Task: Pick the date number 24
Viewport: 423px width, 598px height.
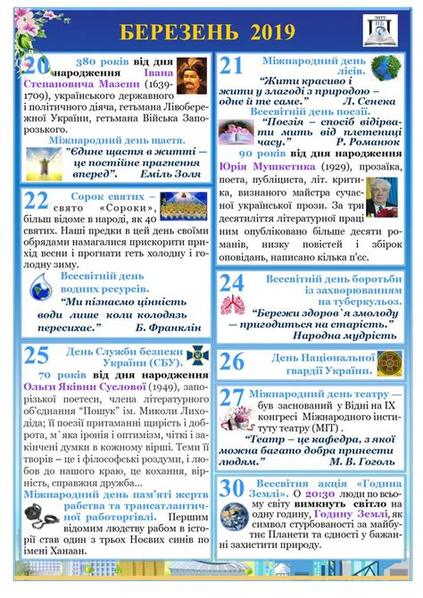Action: (232, 284)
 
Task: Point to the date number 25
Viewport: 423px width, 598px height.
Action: (37, 356)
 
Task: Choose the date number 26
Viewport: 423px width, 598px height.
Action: (232, 361)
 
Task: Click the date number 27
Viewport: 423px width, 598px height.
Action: (232, 399)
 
